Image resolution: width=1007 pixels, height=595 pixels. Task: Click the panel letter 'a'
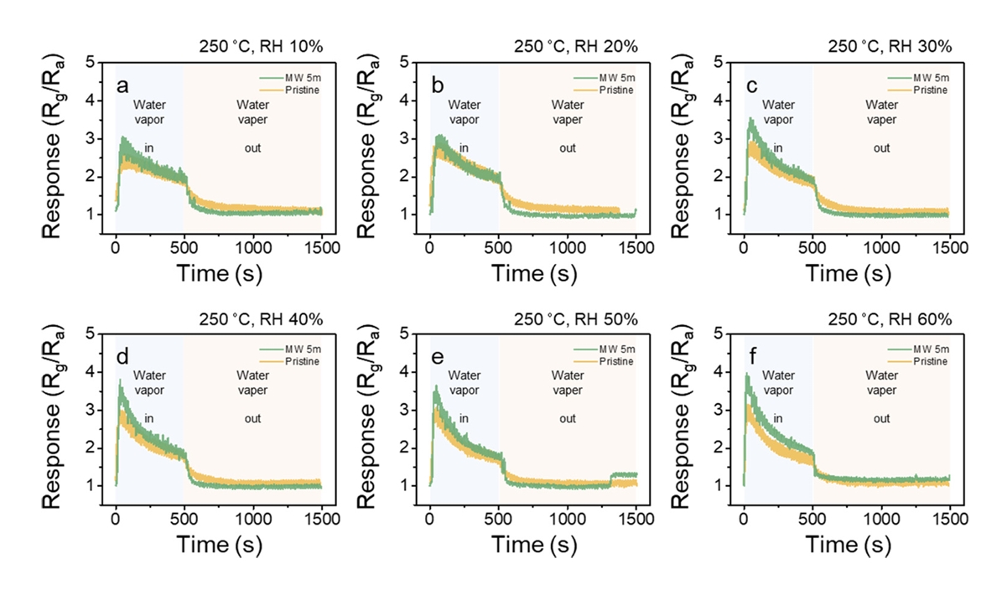(x=123, y=85)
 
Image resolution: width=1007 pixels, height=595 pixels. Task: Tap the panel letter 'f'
(x=751, y=358)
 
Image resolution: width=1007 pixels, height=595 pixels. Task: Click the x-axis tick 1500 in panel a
(x=322, y=248)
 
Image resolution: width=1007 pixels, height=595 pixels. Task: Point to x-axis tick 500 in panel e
(x=499, y=520)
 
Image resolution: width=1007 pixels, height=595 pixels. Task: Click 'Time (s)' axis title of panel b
(x=534, y=273)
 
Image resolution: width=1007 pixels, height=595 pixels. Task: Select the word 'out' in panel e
(x=568, y=419)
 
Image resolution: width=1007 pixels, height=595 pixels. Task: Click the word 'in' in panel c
(x=777, y=147)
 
